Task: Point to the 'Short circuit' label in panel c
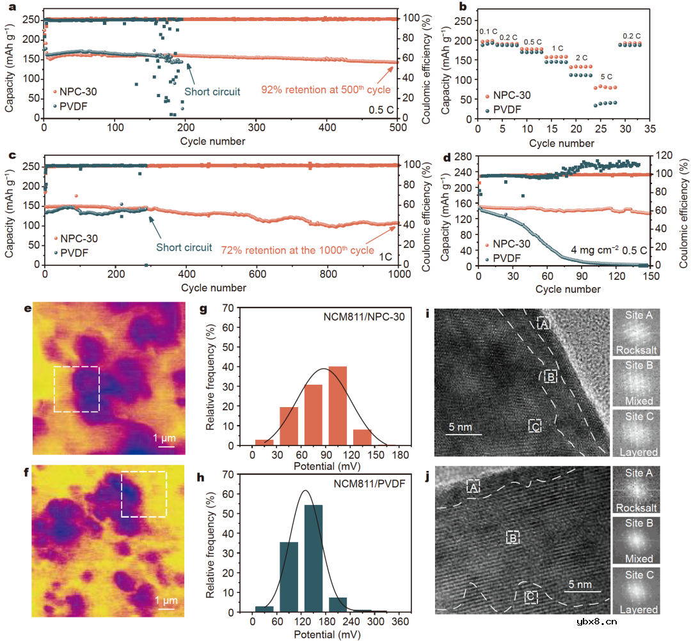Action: click(185, 247)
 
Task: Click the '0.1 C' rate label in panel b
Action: click(488, 31)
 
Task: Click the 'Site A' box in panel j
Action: click(473, 486)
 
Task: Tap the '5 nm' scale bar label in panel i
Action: click(459, 426)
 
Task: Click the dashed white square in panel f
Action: click(144, 494)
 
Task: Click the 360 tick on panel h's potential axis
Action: click(400, 622)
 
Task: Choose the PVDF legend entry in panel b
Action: click(503, 110)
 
